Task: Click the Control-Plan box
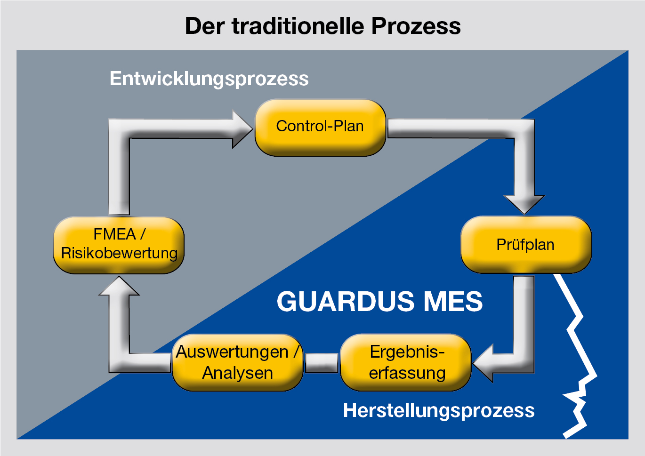[320, 127]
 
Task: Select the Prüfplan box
[525, 245]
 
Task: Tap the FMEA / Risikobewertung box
[119, 245]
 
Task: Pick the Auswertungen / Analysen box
[237, 362]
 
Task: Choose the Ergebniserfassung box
[406, 362]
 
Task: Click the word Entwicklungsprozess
[209, 79]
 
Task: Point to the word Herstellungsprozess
[439, 410]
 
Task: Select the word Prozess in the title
[416, 26]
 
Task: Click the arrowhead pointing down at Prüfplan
[524, 203]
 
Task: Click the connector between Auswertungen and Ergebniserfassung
[322, 363]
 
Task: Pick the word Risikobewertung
[119, 253]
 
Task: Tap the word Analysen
[237, 373]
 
